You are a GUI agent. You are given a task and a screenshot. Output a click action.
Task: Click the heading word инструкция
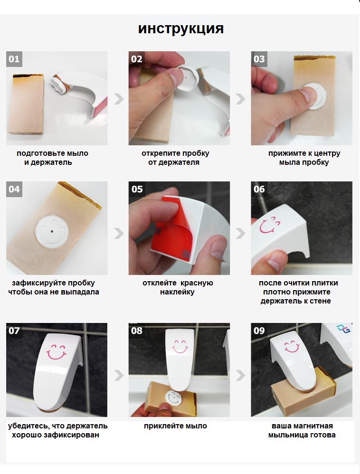click(181, 29)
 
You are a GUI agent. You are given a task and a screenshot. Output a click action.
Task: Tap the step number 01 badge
click(14, 59)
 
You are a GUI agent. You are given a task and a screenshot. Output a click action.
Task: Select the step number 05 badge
click(137, 189)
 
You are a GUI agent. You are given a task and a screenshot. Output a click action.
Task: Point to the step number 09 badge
click(259, 331)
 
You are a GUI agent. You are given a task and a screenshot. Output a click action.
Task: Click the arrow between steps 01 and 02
click(119, 99)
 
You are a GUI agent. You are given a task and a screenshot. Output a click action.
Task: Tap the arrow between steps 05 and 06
click(241, 233)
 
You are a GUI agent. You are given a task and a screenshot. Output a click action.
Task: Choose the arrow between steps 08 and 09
click(241, 376)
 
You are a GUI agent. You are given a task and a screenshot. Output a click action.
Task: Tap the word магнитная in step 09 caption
click(313, 426)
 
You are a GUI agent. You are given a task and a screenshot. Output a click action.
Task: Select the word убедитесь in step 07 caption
click(28, 426)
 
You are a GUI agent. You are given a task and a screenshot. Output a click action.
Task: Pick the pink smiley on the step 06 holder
click(270, 225)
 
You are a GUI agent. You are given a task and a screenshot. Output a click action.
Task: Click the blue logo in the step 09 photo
click(343, 329)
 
